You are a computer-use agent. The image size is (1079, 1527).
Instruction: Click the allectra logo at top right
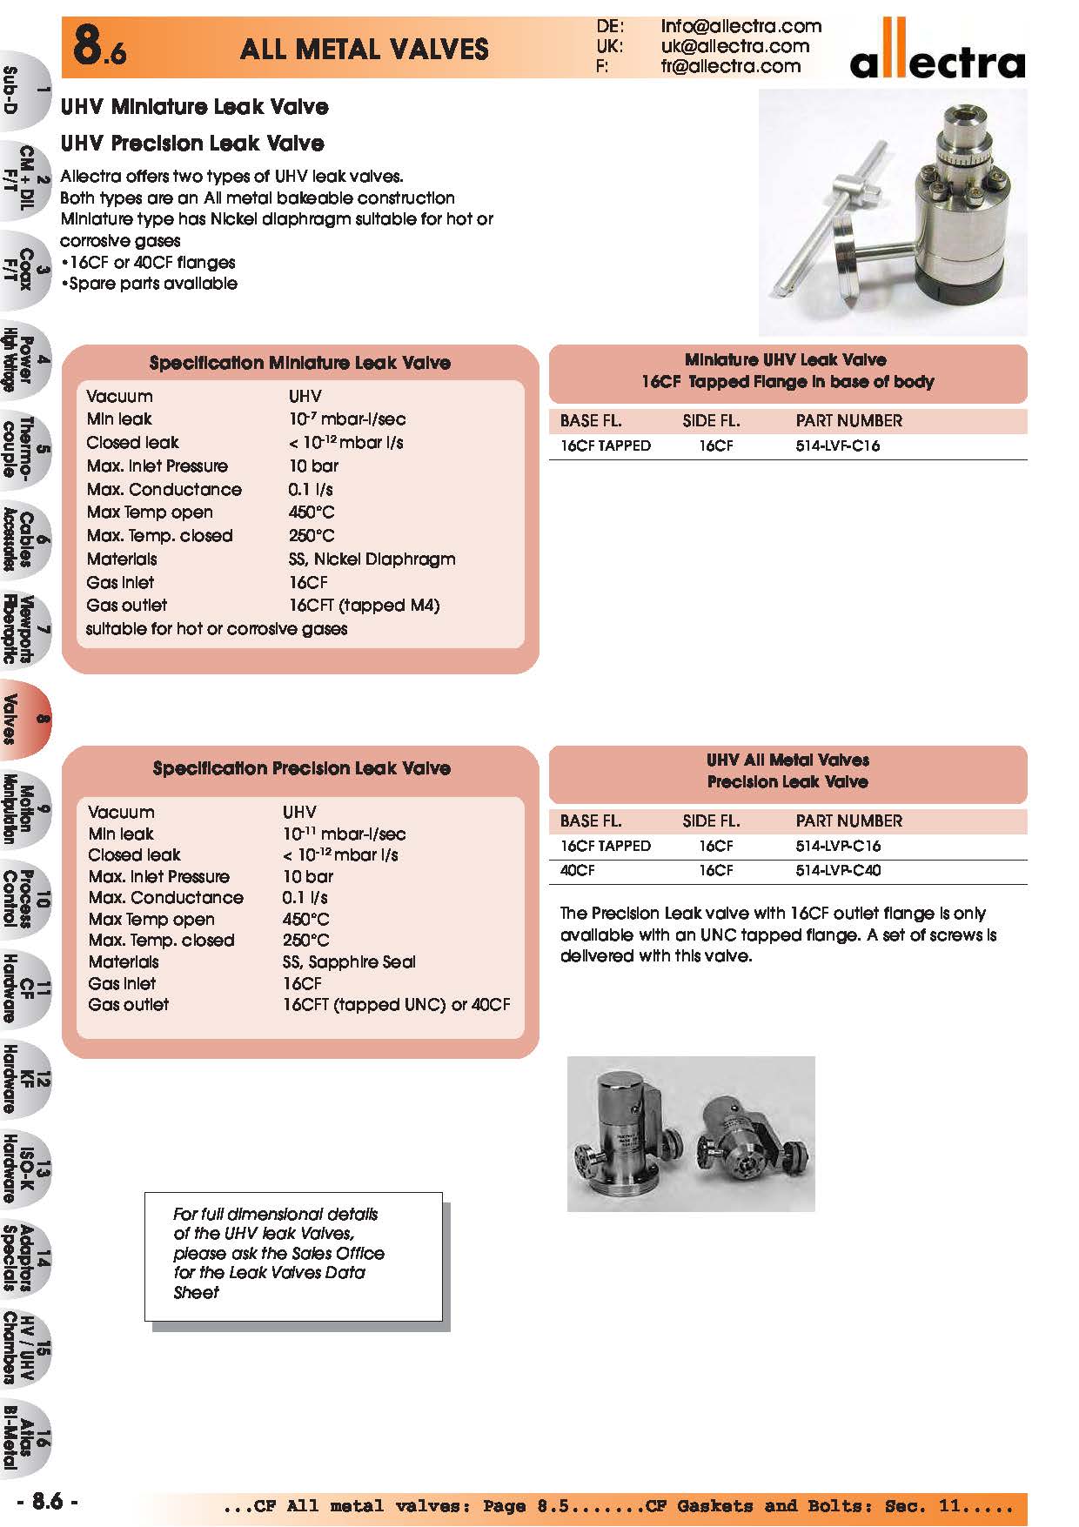(x=937, y=53)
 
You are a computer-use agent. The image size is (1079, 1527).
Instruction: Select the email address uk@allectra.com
(x=734, y=46)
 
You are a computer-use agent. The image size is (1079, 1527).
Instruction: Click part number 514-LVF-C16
(x=837, y=445)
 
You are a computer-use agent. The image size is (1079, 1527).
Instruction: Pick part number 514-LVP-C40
(x=838, y=870)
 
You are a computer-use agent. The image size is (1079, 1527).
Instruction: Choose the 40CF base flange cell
(x=578, y=870)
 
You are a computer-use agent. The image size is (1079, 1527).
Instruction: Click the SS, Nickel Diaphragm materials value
(x=372, y=559)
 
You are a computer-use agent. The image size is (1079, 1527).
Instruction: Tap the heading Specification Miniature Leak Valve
(x=299, y=363)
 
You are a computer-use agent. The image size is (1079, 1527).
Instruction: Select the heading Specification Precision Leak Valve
(x=301, y=768)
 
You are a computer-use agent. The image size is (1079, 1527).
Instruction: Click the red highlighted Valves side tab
(x=24, y=719)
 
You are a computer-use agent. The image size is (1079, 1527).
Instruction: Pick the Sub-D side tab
(x=24, y=91)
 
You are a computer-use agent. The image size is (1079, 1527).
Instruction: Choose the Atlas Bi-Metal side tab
(x=24, y=1437)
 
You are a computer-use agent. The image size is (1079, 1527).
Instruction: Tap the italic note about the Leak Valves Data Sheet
(x=278, y=1253)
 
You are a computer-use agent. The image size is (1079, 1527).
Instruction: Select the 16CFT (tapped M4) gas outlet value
(x=364, y=605)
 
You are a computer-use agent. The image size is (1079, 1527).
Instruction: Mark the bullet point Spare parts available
(x=150, y=284)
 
